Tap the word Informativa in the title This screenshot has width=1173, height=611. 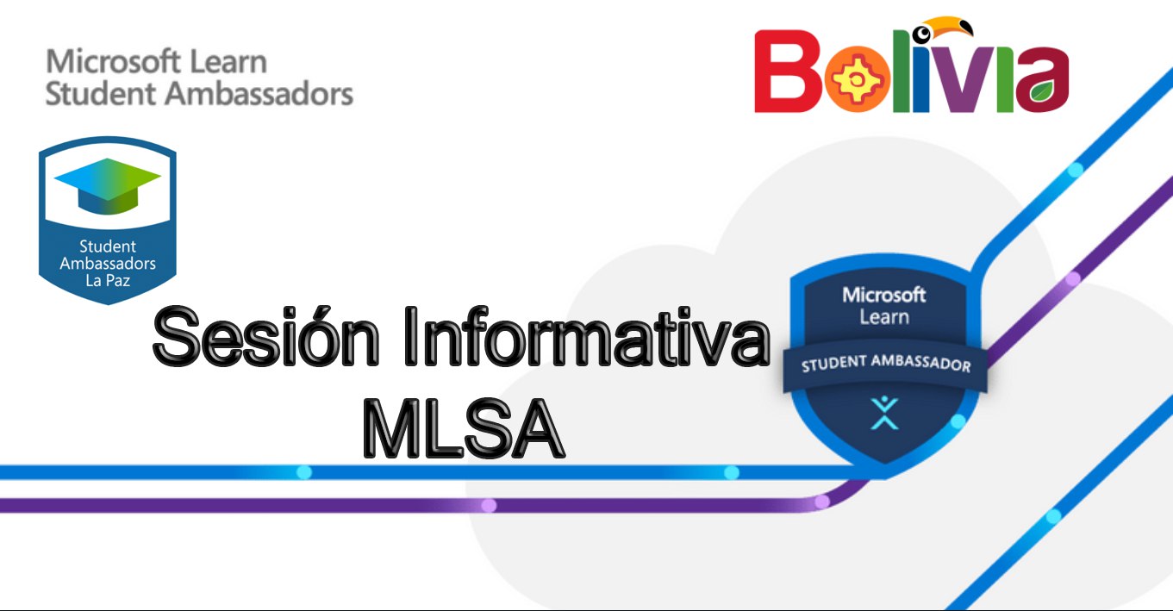(x=587, y=336)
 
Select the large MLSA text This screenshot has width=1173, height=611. (x=464, y=429)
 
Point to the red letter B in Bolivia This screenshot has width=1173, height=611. (x=788, y=72)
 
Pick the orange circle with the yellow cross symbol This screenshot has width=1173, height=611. (x=858, y=79)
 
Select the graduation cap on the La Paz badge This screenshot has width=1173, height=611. (x=108, y=186)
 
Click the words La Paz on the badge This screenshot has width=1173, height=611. (x=108, y=281)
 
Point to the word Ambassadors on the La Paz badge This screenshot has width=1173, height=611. (x=108, y=263)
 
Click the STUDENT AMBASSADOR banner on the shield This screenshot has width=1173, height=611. (x=885, y=365)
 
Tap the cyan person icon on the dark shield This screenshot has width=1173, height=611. (x=884, y=413)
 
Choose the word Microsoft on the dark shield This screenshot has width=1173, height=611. (x=884, y=295)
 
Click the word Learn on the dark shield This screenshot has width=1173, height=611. (x=884, y=317)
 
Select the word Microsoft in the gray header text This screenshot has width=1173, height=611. (x=114, y=61)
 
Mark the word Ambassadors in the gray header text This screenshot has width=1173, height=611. (x=259, y=94)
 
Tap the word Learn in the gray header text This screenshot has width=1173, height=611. (x=228, y=61)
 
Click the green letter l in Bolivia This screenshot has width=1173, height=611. (x=902, y=72)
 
